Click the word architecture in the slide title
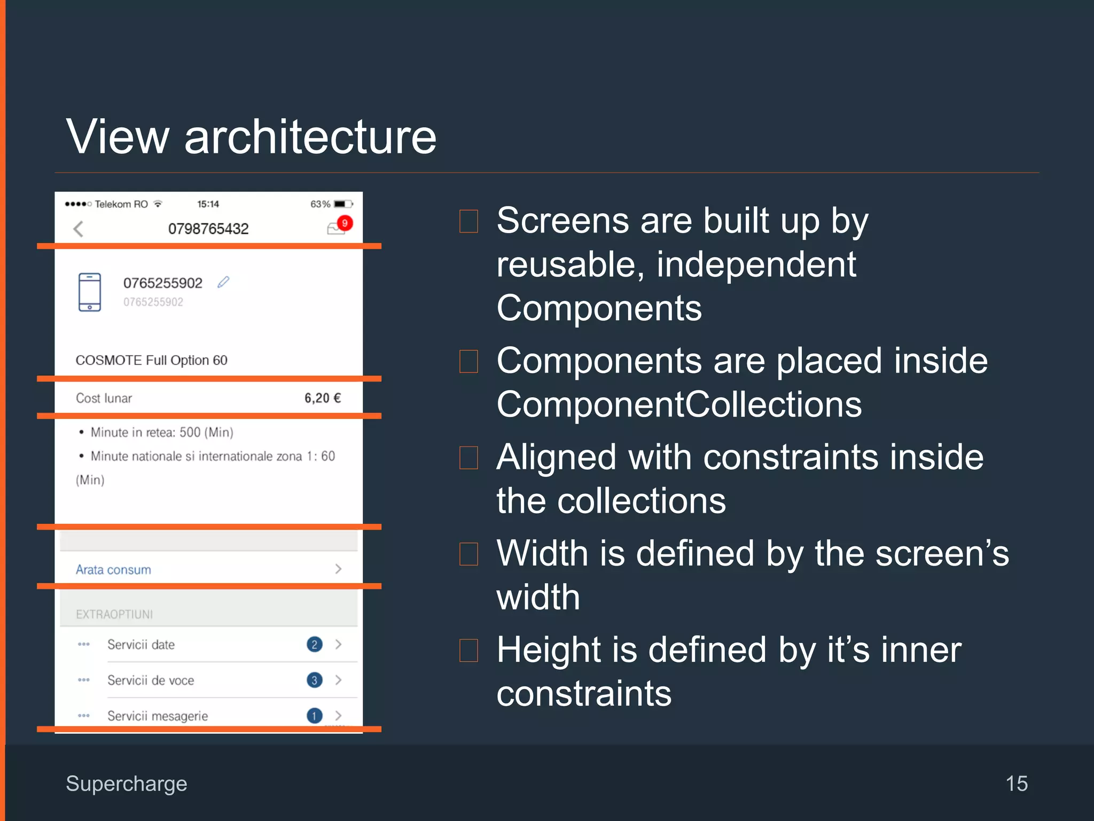click(310, 137)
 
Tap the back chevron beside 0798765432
click(79, 229)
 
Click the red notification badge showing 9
click(345, 223)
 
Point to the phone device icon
click(89, 292)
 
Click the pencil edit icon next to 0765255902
click(223, 282)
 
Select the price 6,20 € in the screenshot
click(322, 398)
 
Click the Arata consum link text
click(113, 570)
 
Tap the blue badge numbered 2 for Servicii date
click(314, 645)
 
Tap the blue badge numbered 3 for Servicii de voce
click(314, 680)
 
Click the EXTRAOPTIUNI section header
click(114, 614)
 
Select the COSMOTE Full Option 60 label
click(151, 360)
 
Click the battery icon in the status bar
click(342, 204)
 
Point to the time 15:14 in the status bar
click(208, 204)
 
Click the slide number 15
click(1016, 784)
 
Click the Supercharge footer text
click(127, 784)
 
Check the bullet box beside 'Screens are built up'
click(468, 221)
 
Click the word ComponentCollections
click(679, 405)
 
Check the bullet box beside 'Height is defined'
click(468, 650)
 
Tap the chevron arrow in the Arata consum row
click(338, 569)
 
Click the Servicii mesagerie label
click(158, 716)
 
